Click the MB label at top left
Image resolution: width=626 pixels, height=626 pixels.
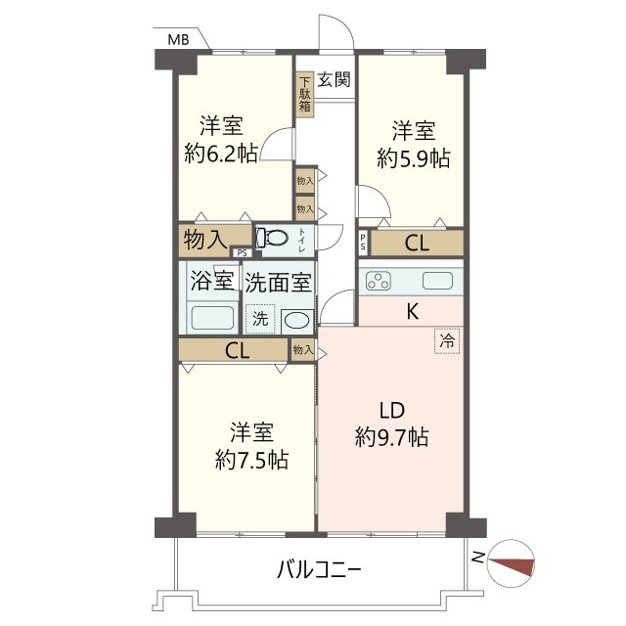[177, 40]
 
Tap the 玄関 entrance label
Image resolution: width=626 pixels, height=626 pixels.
[334, 80]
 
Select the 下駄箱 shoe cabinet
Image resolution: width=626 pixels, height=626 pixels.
[305, 95]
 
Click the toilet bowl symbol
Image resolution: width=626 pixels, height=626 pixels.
[275, 238]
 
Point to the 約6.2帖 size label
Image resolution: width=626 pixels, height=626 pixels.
[221, 154]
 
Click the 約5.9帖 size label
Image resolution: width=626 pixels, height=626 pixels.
[414, 157]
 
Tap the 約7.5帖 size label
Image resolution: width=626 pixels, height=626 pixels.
[251, 460]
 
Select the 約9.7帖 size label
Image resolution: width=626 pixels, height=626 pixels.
[391, 437]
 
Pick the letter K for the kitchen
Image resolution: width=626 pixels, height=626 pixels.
[413, 313]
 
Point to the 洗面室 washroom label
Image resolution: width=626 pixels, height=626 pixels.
[279, 283]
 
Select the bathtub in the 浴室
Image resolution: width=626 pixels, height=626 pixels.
[211, 319]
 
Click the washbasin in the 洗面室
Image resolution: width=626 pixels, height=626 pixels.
[297, 320]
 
